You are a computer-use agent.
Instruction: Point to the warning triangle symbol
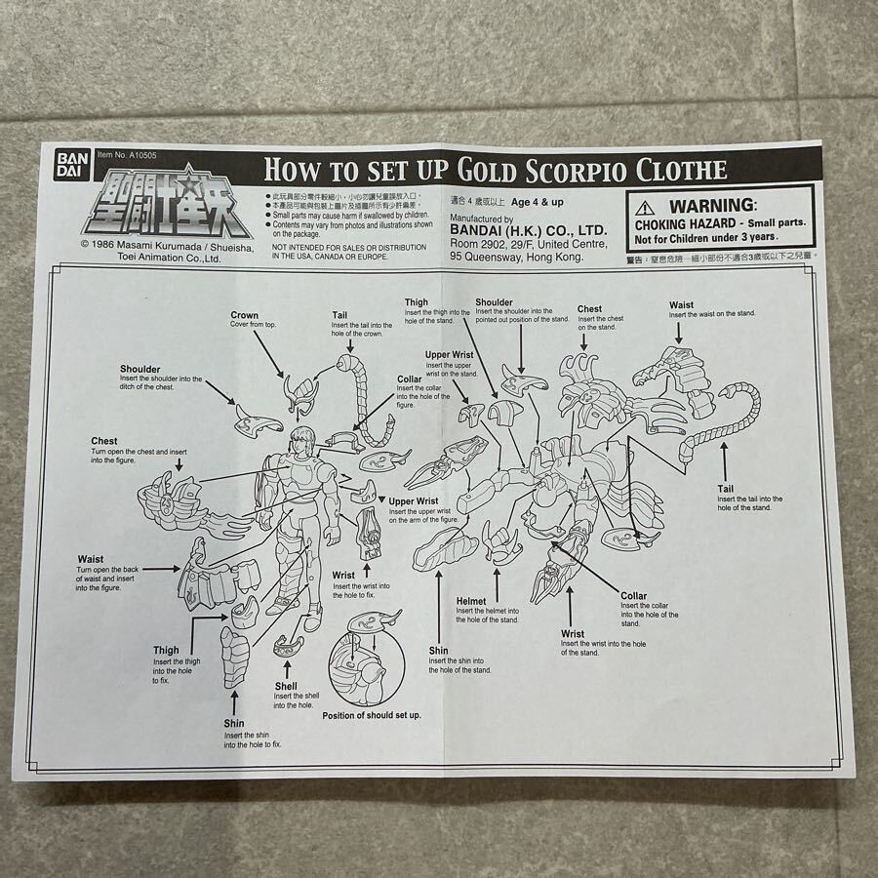pos(645,207)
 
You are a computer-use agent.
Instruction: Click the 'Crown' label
pos(244,315)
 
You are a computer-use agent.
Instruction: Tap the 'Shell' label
pos(285,686)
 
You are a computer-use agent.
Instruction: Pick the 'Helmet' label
pos(471,601)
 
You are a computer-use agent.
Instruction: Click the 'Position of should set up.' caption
pos(372,715)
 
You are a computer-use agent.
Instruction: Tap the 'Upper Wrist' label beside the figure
pos(413,501)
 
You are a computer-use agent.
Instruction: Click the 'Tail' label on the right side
pos(725,488)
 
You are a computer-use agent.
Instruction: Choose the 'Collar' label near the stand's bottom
pos(633,596)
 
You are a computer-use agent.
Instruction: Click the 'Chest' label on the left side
pos(104,441)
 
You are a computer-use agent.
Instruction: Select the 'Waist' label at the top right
pos(681,304)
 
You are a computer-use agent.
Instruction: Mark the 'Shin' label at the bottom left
pos(234,723)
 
